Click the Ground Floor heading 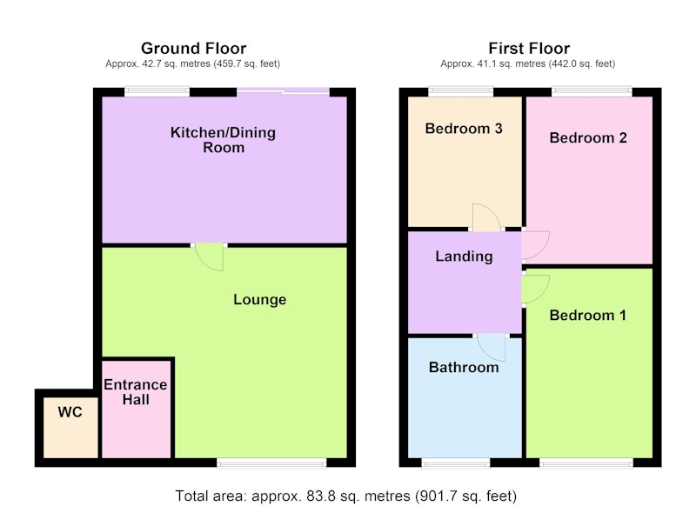(193, 48)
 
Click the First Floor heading (529, 48)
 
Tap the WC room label (70, 412)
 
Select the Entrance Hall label (136, 392)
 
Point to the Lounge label (259, 300)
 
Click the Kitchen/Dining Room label (224, 140)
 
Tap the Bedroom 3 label (464, 129)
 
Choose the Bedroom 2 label (588, 138)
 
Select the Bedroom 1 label (588, 316)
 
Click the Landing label (464, 256)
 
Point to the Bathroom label (464, 367)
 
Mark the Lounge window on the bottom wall (271, 463)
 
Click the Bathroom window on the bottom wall (455, 463)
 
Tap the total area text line (345, 496)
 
